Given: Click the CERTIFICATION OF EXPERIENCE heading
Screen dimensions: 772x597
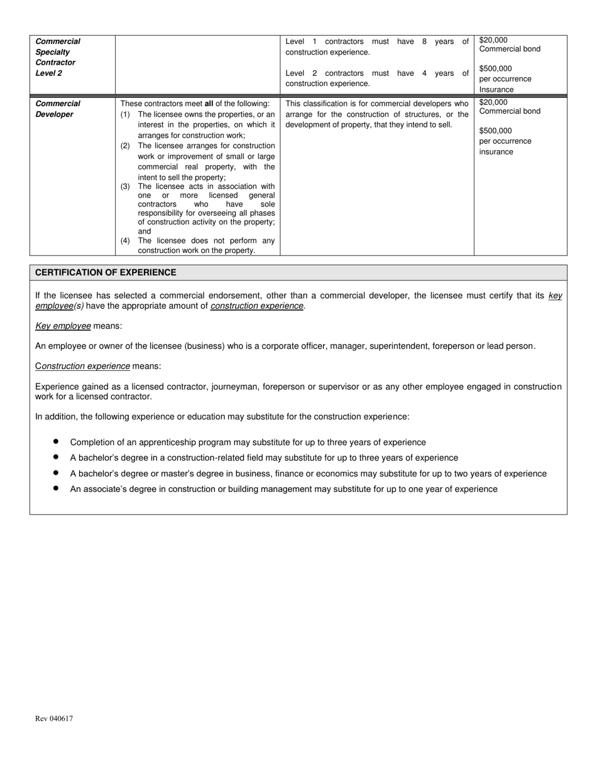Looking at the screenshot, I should [x=106, y=272].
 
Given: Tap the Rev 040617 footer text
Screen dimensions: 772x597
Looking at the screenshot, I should [x=54, y=719].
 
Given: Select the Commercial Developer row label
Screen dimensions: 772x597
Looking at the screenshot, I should [x=58, y=109].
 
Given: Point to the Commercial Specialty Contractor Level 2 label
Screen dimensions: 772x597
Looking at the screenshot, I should [x=58, y=57].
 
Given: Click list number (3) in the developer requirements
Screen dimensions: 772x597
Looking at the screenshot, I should [x=125, y=186].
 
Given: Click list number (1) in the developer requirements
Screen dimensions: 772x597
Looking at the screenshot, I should [x=125, y=114].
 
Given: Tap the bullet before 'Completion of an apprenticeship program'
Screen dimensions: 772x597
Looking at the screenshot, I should [x=56, y=442].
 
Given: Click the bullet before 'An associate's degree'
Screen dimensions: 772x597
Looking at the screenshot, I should [x=56, y=488].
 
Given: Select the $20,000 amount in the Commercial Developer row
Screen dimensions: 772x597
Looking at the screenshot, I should [x=493, y=102].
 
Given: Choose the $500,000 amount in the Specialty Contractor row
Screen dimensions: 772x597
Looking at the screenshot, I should [x=495, y=68].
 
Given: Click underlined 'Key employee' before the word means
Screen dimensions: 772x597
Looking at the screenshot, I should [x=63, y=326].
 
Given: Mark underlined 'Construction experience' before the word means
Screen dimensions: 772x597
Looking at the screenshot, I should [x=82, y=366].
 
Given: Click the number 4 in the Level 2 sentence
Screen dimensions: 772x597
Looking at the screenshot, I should [x=424, y=73].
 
